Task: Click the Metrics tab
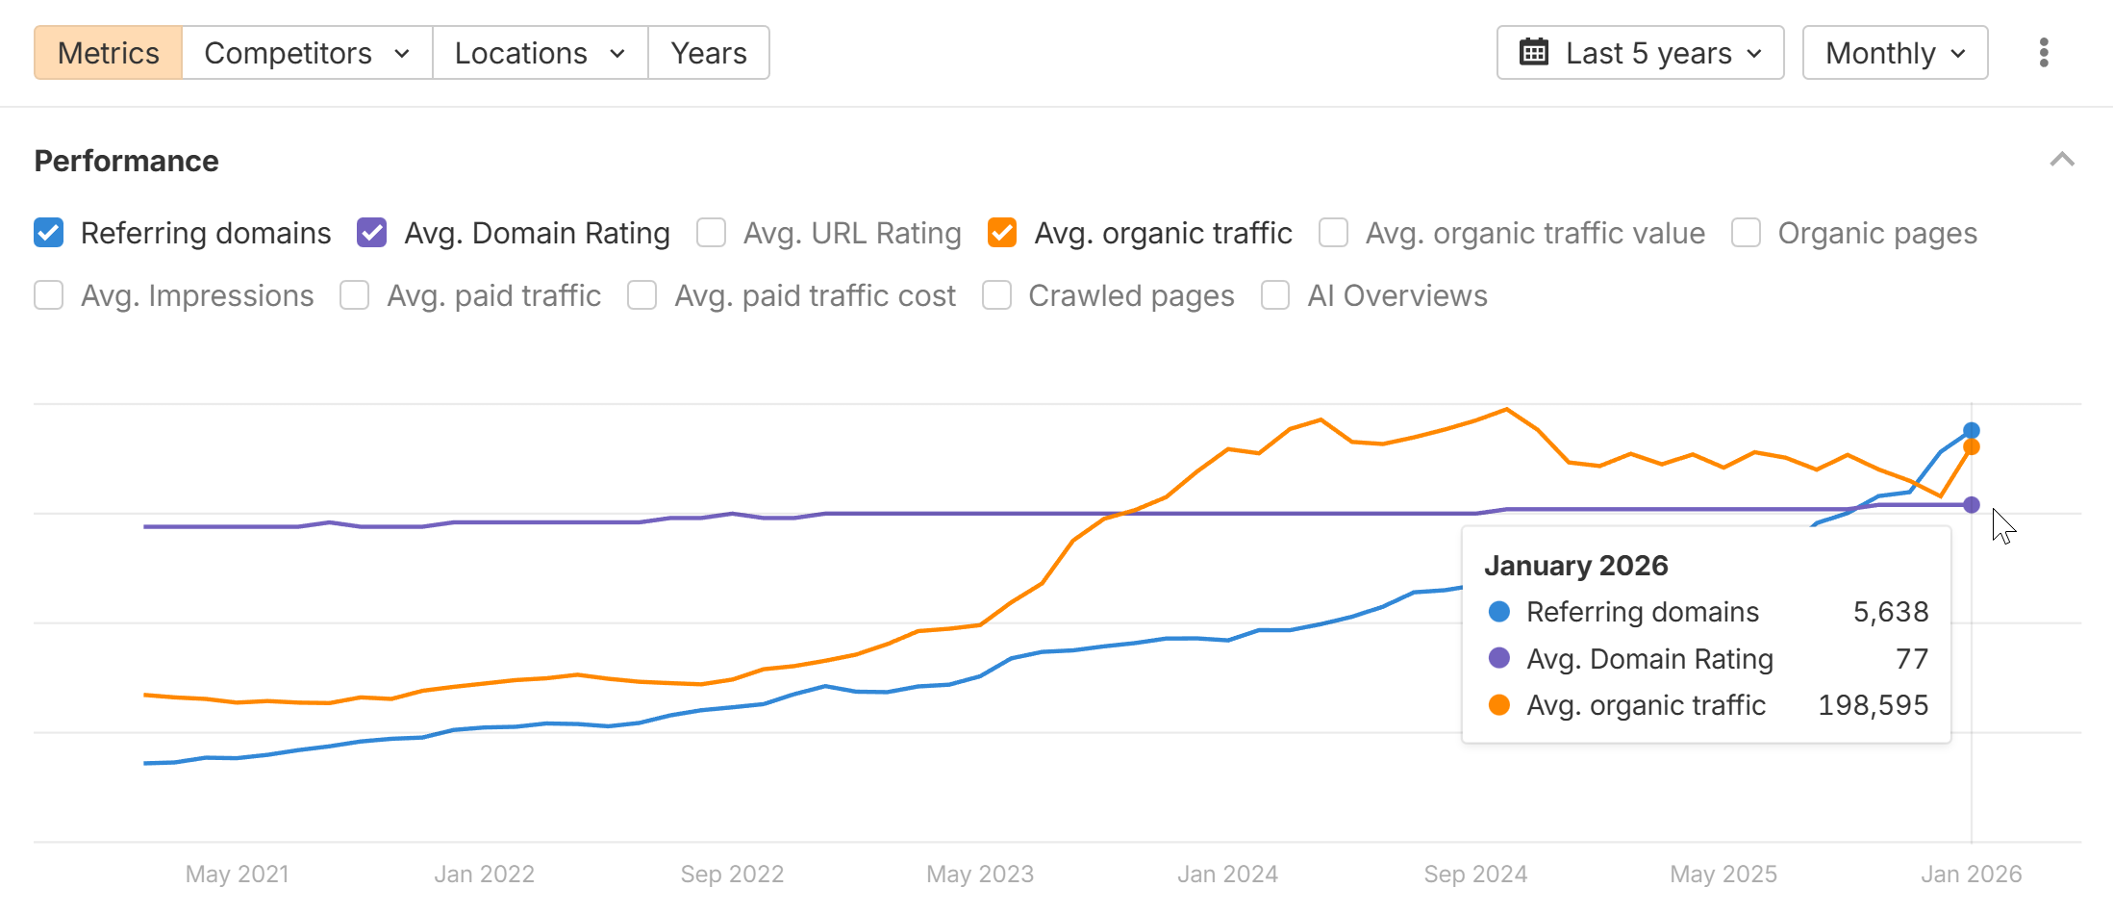[108, 53]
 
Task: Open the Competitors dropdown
[307, 53]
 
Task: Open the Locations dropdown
[540, 53]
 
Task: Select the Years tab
[709, 53]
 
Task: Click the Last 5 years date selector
[1640, 53]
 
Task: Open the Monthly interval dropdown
[1895, 53]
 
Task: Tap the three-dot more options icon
[2044, 53]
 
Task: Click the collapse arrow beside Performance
[2061, 160]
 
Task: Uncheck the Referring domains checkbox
[49, 233]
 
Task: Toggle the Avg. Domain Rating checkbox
[372, 233]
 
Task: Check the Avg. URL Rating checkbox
[712, 233]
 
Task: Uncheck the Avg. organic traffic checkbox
[1002, 233]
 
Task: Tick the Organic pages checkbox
[1746, 233]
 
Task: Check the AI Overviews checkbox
[1275, 295]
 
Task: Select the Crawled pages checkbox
[996, 295]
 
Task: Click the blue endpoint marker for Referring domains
[1971, 430]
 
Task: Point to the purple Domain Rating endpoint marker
[1971, 505]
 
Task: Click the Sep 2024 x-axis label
[1475, 874]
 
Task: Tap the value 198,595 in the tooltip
[1873, 705]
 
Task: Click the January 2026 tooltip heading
[1575, 566]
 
